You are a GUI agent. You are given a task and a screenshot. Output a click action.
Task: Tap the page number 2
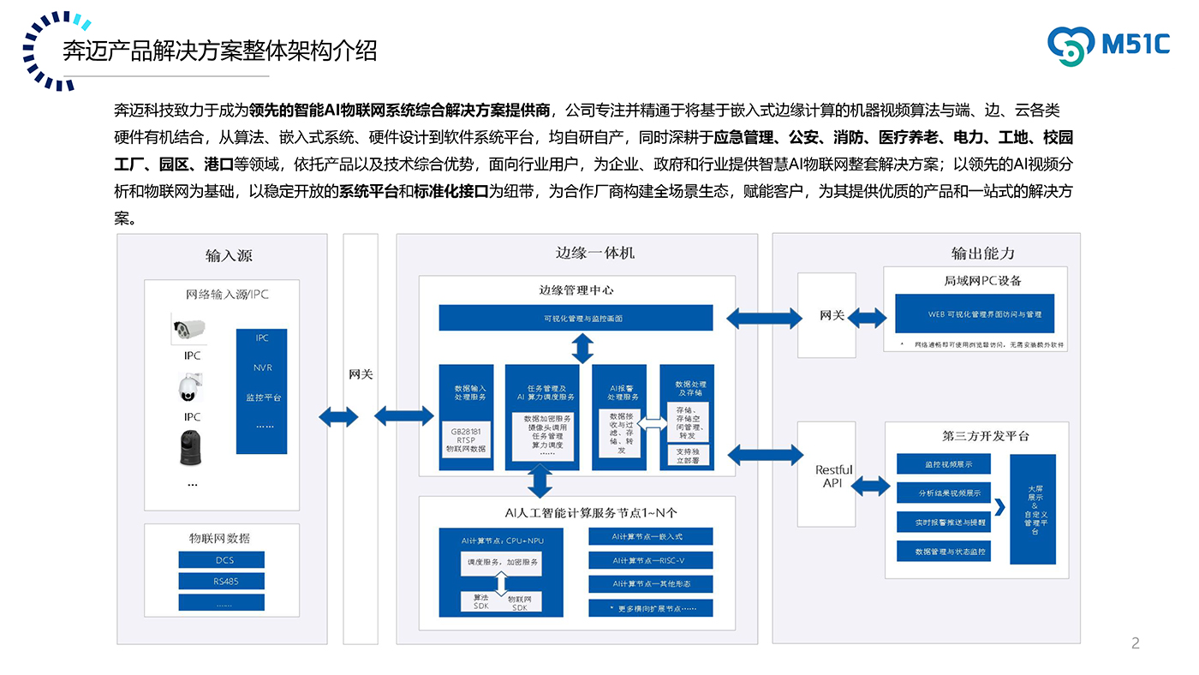(x=1136, y=643)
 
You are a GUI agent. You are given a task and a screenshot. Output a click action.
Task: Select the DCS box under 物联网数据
(x=221, y=559)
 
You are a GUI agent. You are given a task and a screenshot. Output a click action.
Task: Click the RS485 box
(x=221, y=581)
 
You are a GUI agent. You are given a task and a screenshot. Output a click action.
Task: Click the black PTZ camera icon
(x=191, y=448)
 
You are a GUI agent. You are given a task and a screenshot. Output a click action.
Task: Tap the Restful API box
(x=833, y=475)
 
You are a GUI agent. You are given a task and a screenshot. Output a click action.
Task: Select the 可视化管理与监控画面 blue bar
(x=576, y=318)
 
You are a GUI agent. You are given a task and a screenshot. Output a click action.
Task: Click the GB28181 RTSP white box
(x=465, y=439)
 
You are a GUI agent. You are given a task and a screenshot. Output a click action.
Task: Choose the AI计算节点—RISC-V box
(x=650, y=560)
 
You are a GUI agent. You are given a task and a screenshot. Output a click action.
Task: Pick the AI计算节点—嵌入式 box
(x=650, y=537)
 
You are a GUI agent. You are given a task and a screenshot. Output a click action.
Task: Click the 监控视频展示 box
(x=943, y=464)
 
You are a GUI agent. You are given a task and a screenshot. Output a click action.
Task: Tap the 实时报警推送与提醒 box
(x=943, y=522)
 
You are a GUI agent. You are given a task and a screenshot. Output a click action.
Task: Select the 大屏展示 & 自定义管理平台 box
(x=1033, y=509)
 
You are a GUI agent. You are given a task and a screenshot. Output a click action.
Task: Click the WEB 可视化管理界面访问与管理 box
(x=974, y=314)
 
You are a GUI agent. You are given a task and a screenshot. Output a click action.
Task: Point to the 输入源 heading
(x=229, y=255)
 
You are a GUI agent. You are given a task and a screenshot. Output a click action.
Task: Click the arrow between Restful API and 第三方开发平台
(x=871, y=486)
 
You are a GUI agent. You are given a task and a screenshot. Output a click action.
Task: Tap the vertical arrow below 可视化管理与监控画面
(x=582, y=348)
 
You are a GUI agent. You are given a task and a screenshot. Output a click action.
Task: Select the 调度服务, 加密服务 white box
(x=501, y=562)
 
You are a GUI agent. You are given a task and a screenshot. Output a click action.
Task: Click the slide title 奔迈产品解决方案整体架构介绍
(x=220, y=51)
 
